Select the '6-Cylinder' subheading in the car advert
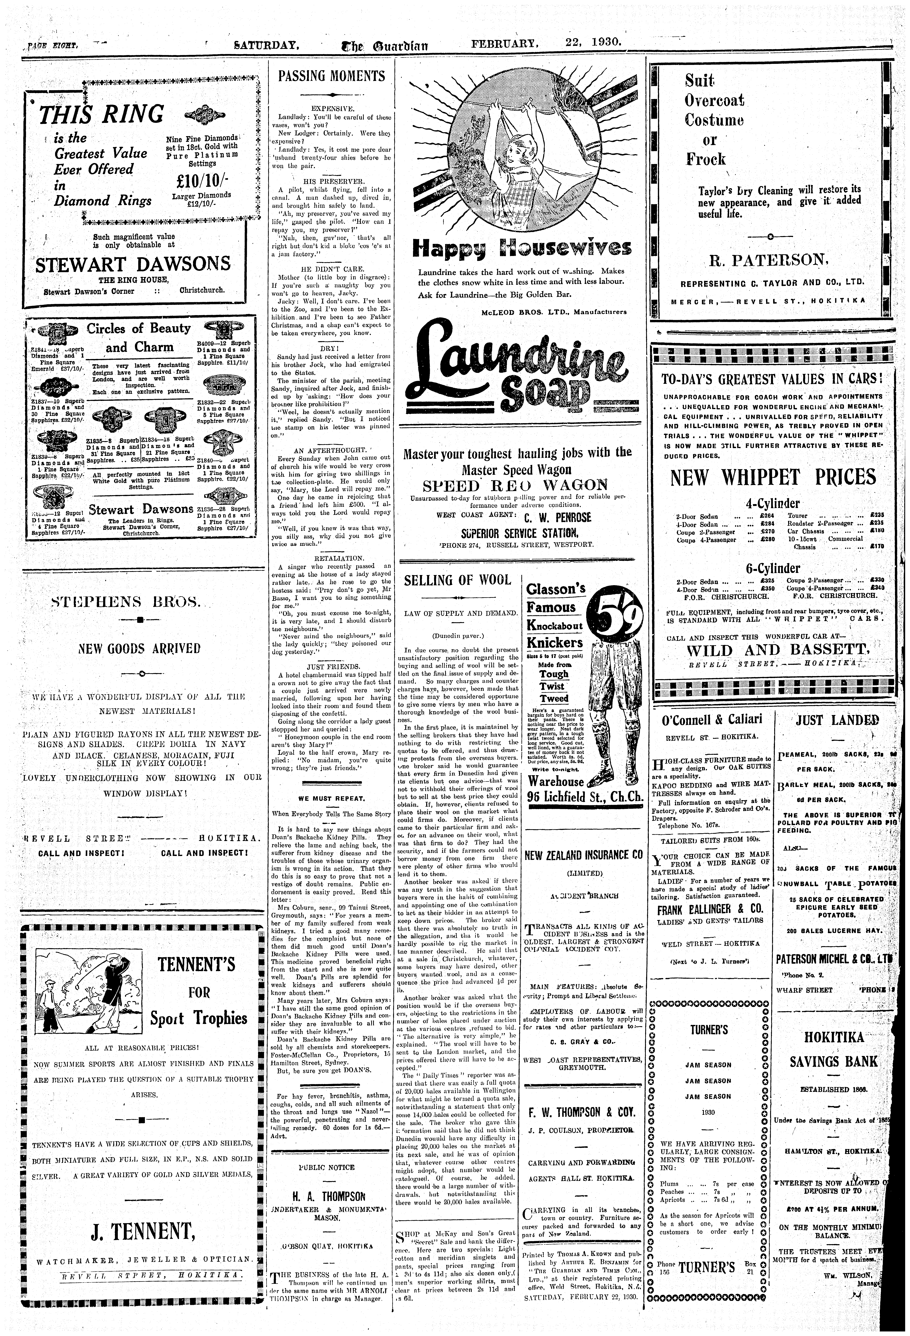772,568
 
